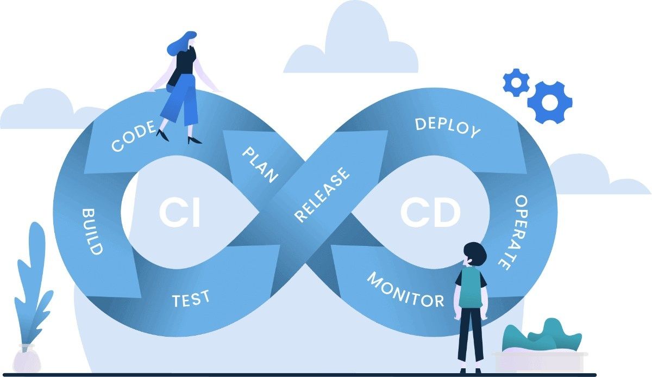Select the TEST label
pos(191,299)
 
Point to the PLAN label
pos(260,164)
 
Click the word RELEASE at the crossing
pos(322,195)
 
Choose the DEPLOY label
pos(448,127)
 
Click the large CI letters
pos(180,214)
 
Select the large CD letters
pos(431,213)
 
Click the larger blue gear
pos(549,102)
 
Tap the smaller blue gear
pos(516,82)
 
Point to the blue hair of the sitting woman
pos(182,44)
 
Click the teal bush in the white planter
pos(541,335)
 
